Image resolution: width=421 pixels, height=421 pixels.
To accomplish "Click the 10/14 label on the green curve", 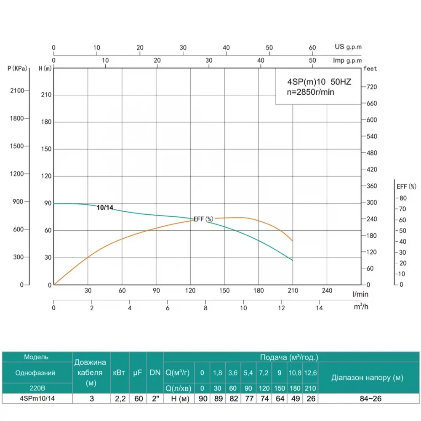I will click(105, 208).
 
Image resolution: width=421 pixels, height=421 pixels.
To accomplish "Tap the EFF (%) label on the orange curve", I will click(204, 219).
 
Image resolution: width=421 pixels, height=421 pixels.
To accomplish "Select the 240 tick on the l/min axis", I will click(327, 290).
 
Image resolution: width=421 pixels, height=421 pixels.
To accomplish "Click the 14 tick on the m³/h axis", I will click(319, 308).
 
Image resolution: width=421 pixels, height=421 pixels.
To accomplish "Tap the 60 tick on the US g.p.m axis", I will click(312, 48).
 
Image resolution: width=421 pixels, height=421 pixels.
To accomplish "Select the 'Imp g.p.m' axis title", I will click(347, 61).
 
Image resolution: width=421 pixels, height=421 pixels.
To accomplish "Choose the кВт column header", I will click(119, 373).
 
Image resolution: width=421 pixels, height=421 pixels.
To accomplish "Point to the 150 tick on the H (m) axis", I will click(46, 149).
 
